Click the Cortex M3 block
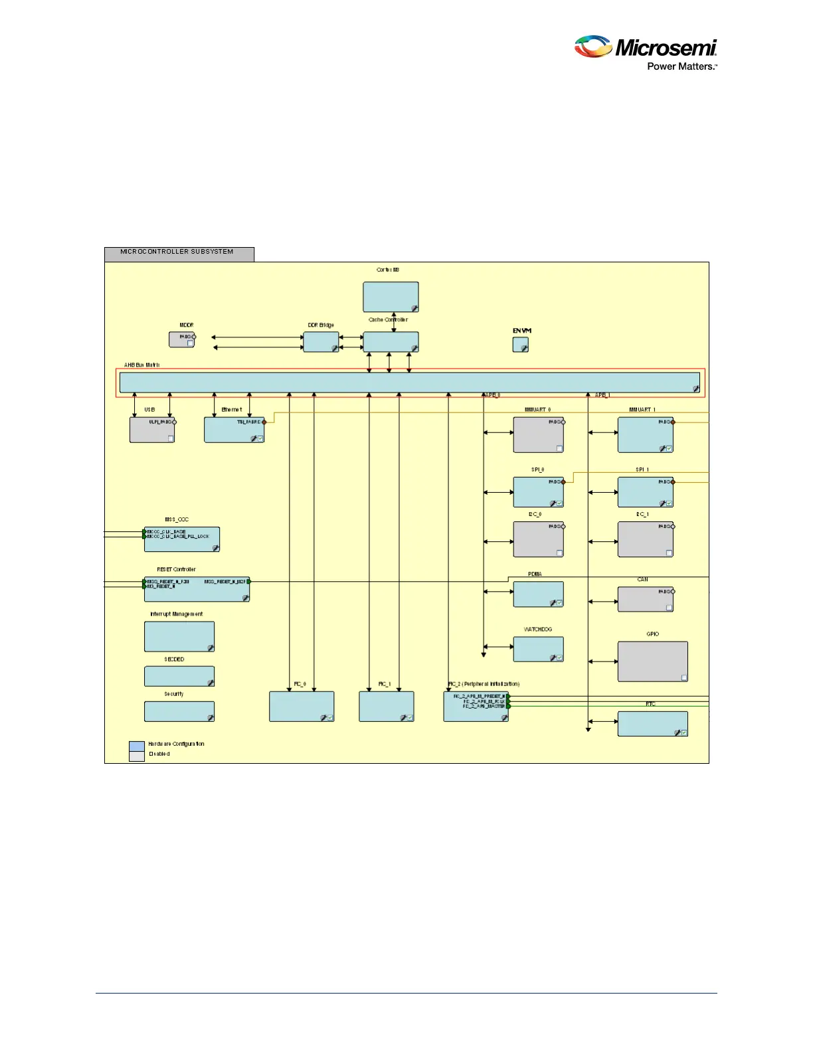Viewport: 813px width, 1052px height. pyautogui.click(x=391, y=297)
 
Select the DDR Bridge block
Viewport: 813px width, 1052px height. pyautogui.click(x=321, y=342)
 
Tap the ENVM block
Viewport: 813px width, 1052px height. pyautogui.click(x=521, y=345)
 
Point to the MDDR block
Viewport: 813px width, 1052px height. pyautogui.click(x=182, y=339)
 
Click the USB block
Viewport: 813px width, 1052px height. pyautogui.click(x=152, y=430)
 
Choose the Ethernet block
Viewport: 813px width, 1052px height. pyautogui.click(x=234, y=430)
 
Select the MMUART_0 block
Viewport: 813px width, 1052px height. pyautogui.click(x=538, y=435)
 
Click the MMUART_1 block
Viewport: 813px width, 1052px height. pyautogui.click(x=645, y=435)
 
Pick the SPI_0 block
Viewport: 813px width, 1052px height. pyautogui.click(x=538, y=492)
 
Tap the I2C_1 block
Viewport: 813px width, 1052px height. pyautogui.click(x=645, y=539)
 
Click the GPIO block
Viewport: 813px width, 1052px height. pyautogui.click(x=652, y=661)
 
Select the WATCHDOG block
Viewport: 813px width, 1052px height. pyautogui.click(x=538, y=649)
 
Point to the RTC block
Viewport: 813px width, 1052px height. pyautogui.click(x=652, y=724)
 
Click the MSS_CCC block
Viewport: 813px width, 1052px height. pyautogui.click(x=181, y=539)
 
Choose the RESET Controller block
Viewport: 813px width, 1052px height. pyautogui.click(x=197, y=589)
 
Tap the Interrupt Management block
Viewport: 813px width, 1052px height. pyautogui.click(x=179, y=636)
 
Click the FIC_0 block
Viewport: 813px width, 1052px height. pyautogui.click(x=302, y=706)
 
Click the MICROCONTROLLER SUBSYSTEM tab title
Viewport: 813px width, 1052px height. pyautogui.click(x=177, y=252)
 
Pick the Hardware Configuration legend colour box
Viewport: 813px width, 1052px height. pyautogui.click(x=137, y=746)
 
